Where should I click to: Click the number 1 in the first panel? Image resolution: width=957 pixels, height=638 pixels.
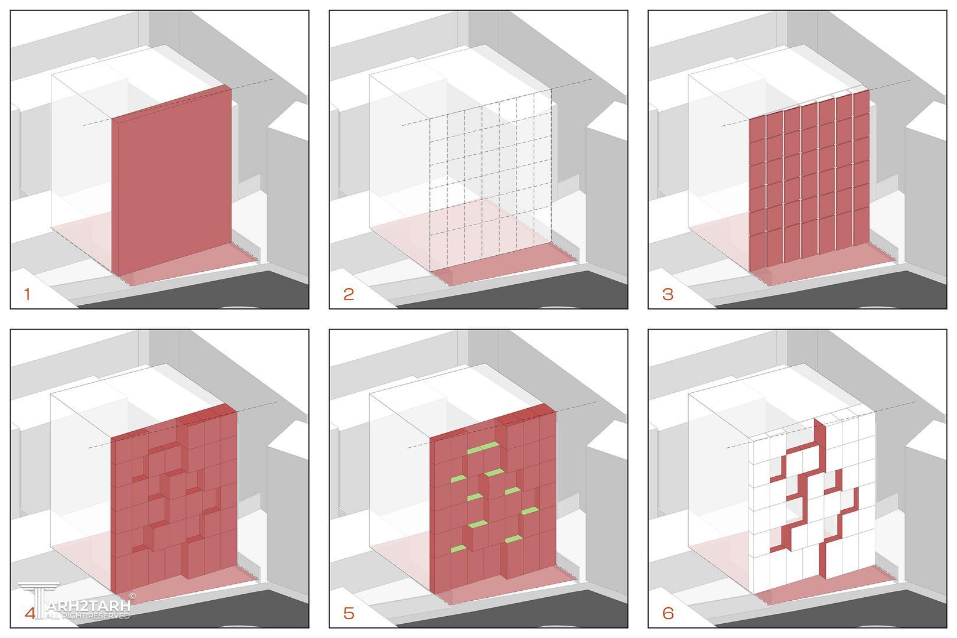point(27,294)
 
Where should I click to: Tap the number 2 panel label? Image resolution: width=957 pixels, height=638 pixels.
point(349,294)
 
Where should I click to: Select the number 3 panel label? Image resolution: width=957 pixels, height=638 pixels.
point(668,294)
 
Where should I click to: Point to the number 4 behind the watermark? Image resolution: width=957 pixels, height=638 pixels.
point(30,613)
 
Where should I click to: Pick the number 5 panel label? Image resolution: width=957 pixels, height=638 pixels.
point(349,613)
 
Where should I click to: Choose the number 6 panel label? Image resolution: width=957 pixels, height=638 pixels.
point(668,613)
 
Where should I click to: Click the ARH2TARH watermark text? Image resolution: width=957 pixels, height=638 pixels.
point(89,606)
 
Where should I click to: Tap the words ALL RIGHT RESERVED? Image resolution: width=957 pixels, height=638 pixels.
point(87,616)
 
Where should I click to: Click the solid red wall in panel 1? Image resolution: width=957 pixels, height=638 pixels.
point(172,180)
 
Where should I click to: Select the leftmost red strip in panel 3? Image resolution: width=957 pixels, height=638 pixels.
point(757,194)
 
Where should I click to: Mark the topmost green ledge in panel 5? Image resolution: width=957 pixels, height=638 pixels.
point(483,447)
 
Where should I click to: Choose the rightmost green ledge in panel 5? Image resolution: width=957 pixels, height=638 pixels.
point(530,510)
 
